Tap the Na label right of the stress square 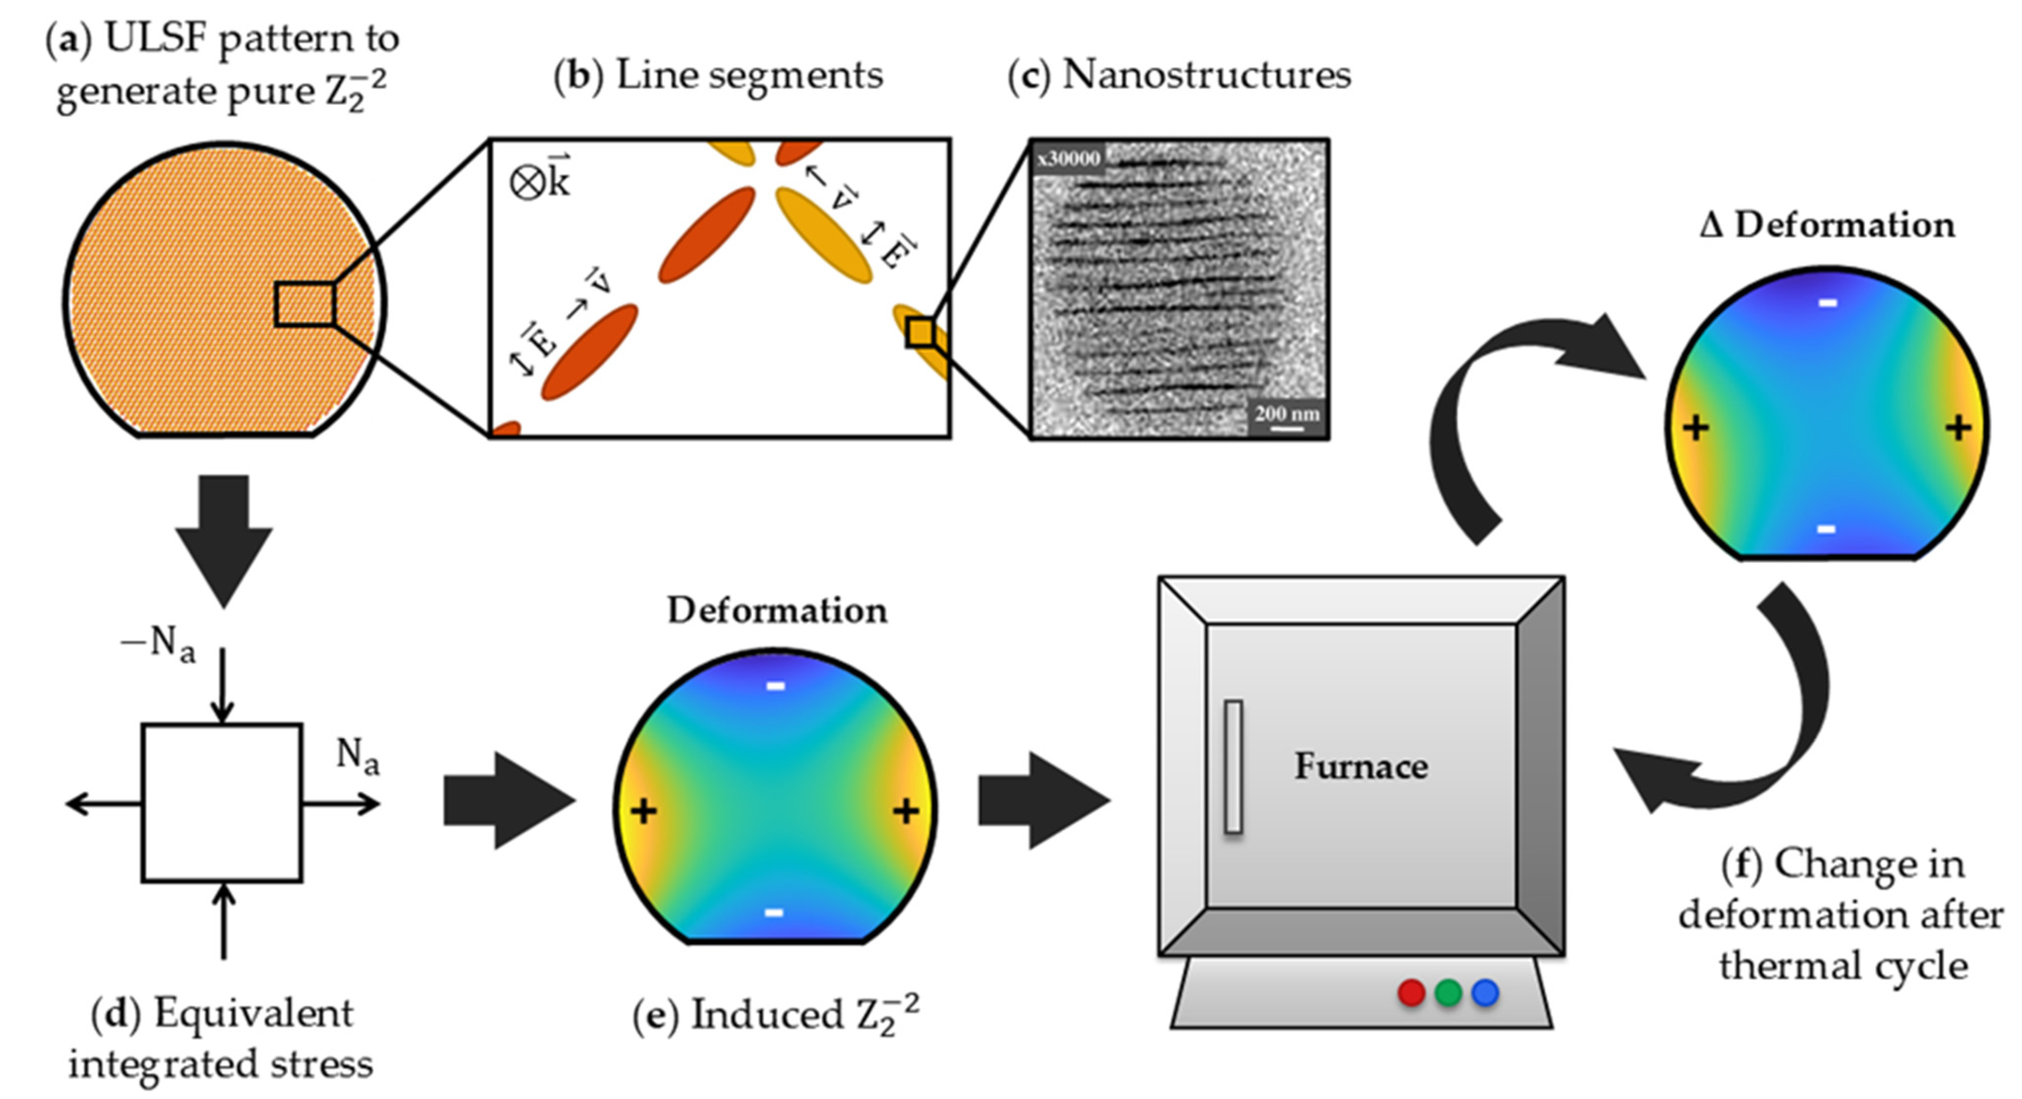(358, 757)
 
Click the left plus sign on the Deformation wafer (643, 811)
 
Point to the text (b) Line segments (718, 76)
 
